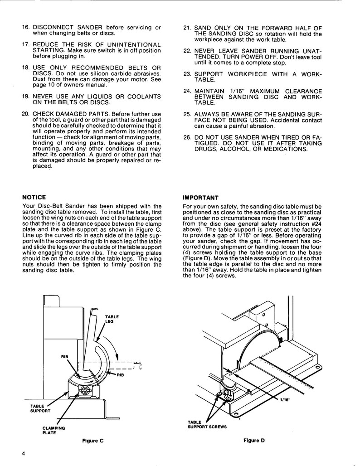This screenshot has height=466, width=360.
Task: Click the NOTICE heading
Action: [x=34, y=197]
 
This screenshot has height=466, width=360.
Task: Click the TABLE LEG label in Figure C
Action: [x=112, y=319]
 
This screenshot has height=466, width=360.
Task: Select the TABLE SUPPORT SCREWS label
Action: [x=207, y=424]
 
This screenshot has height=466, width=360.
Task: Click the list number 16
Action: [x=26, y=28]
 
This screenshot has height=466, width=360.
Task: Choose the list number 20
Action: [x=26, y=113]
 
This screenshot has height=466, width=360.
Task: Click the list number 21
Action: [x=187, y=28]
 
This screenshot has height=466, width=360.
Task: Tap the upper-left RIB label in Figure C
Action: [x=64, y=357]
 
